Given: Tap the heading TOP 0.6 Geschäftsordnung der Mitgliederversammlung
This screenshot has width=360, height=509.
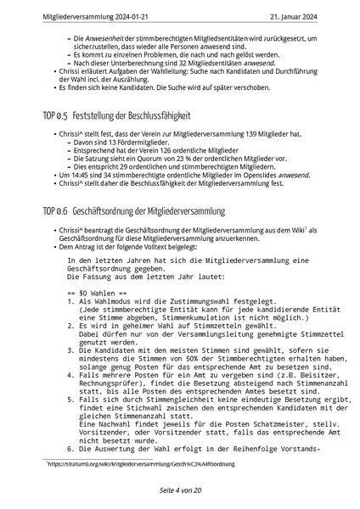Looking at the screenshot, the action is (x=139, y=208).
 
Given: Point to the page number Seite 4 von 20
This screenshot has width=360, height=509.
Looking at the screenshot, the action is (x=179, y=491).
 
